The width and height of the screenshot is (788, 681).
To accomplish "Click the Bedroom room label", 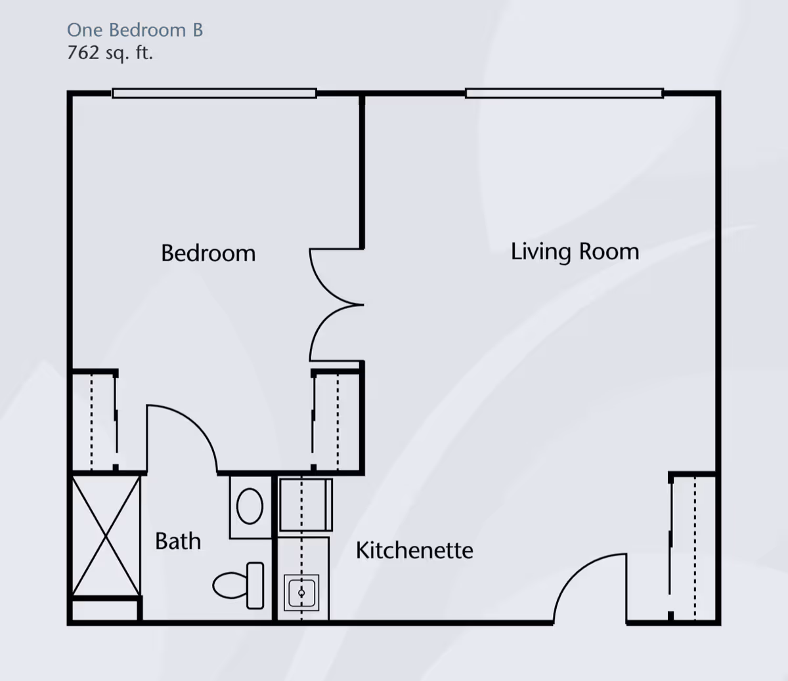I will coord(208,253).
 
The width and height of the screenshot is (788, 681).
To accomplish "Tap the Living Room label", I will coord(575,252).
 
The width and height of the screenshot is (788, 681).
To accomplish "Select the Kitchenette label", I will coord(414,550).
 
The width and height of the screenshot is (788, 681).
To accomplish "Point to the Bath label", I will coord(178,541).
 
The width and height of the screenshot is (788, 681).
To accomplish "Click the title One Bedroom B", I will coord(135,30).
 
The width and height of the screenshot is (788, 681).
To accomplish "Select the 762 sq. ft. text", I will coord(110,52).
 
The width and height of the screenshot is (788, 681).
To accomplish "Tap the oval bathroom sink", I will coord(250,506).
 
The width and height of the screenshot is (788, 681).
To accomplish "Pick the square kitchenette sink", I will coord(302,593).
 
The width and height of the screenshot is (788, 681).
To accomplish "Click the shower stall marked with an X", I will coord(106,535).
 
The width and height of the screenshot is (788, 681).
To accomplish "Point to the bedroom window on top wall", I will coord(214,94).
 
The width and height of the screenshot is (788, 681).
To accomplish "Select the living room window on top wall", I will coord(564,94).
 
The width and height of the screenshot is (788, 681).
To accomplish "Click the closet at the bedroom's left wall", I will coord(93,420).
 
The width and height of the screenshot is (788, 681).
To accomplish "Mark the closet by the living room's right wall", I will coord(693,546).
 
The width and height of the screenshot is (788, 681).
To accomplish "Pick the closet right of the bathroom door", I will coord(337,420).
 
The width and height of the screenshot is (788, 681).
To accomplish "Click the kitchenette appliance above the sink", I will coord(305,505).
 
